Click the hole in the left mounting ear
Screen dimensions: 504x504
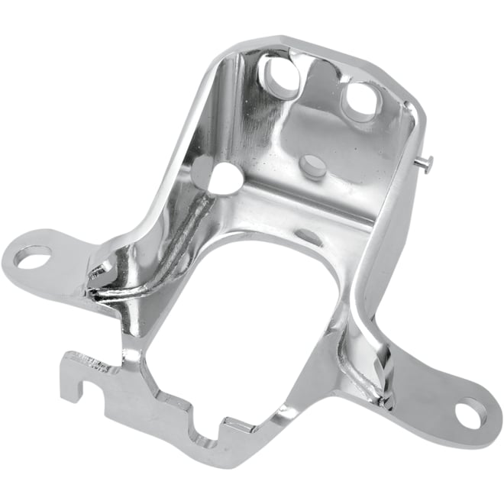(x=32, y=257)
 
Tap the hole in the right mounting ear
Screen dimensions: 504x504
(x=470, y=412)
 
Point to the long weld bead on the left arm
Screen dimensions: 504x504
(x=160, y=244)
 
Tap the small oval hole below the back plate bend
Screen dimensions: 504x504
(x=309, y=236)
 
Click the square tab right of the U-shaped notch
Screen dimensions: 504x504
(x=229, y=425)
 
